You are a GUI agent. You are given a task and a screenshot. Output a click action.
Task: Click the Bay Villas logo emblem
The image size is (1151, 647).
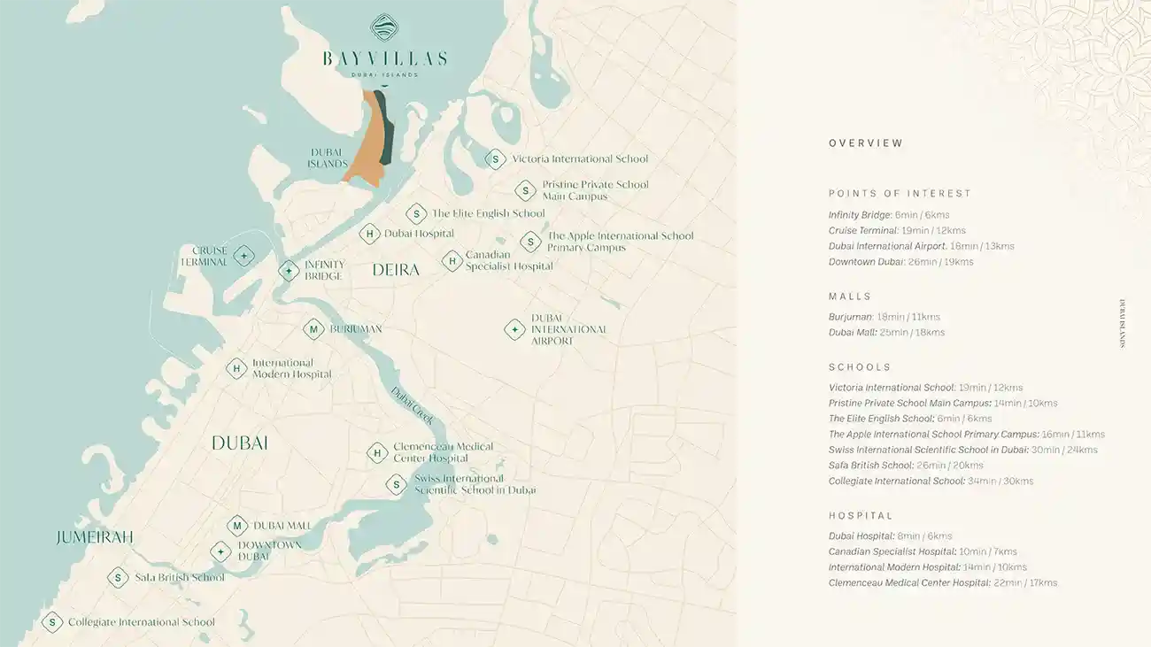384,27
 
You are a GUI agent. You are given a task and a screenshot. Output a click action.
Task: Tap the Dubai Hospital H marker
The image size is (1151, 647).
369,234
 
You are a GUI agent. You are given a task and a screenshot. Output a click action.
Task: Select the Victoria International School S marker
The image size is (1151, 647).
495,159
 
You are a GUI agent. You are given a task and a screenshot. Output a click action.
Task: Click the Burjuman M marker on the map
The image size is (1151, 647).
313,329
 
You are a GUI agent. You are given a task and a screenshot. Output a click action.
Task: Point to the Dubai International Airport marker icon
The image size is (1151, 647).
514,329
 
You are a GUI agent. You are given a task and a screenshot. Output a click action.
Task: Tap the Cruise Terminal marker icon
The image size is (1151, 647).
243,257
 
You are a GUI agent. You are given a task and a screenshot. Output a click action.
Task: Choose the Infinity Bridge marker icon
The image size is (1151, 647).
289,271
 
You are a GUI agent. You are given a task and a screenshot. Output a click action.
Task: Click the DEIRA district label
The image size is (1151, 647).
396,270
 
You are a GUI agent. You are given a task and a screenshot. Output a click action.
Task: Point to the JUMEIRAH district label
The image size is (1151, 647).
95,537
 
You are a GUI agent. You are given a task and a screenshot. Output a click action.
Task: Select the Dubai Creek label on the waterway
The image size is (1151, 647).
412,405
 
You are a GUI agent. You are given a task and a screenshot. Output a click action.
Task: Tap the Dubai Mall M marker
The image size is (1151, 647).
236,526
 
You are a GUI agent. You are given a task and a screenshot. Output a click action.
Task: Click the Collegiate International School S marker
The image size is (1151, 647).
52,622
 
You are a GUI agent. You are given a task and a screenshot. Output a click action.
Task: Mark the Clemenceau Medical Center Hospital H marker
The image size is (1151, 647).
377,453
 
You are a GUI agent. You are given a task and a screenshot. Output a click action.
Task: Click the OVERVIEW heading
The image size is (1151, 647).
866,143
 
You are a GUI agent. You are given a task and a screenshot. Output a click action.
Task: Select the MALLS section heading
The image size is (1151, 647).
850,297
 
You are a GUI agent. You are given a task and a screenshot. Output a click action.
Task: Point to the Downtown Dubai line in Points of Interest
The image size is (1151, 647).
900,262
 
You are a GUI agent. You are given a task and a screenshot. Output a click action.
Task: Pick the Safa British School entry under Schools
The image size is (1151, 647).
906,466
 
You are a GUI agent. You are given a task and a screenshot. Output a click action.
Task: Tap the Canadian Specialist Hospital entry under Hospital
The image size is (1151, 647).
923,551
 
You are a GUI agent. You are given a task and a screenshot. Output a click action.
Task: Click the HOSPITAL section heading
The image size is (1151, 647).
861,515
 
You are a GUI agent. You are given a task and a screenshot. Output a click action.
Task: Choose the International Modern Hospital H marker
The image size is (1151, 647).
236,368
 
